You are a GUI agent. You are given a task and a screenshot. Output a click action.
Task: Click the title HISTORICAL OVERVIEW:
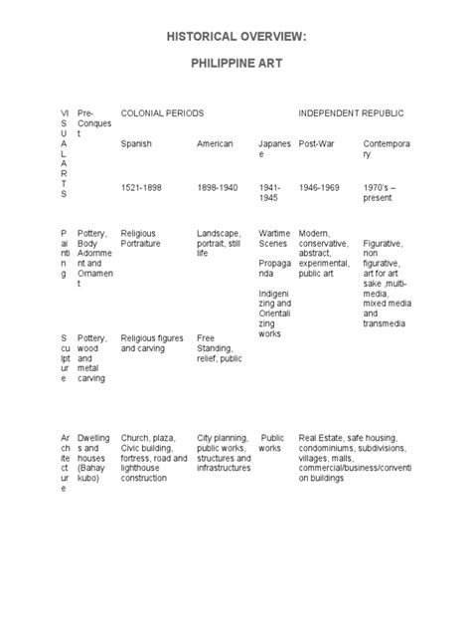click(235, 37)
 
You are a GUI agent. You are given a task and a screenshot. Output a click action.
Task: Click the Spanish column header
click(137, 144)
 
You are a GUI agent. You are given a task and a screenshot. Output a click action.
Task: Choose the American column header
click(215, 144)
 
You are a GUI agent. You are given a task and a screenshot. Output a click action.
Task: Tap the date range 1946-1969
click(322, 185)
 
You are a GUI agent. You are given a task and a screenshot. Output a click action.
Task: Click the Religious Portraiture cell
click(147, 239)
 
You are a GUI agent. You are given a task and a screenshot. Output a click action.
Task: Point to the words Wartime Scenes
click(273, 239)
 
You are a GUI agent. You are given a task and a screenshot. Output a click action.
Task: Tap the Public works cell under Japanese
click(271, 443)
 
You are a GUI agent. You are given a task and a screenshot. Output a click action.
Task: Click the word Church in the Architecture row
click(135, 437)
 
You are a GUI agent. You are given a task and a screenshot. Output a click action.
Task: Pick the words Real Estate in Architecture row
click(322, 437)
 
